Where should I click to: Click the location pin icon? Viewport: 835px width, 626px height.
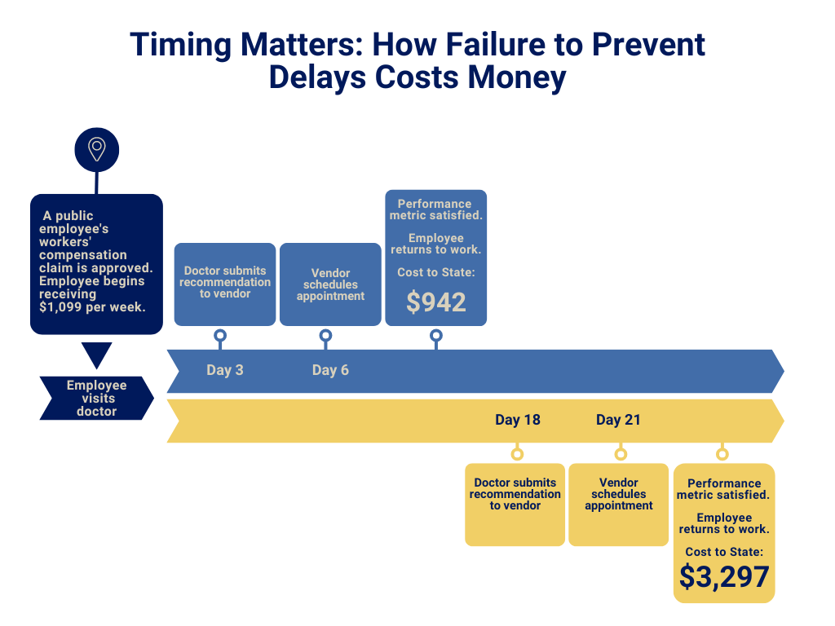[96, 150]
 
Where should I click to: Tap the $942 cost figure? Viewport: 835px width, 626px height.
[436, 302]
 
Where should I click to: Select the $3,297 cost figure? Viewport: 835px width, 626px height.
[724, 576]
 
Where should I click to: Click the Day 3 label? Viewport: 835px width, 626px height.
[225, 370]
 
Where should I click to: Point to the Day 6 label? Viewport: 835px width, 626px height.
[330, 370]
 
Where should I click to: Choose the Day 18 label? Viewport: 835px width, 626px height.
[518, 420]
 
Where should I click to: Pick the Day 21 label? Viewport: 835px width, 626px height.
[618, 420]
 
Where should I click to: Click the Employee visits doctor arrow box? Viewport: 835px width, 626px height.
[96, 398]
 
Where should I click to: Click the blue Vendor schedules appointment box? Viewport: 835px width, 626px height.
[330, 284]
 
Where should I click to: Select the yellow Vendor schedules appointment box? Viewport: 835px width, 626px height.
[618, 505]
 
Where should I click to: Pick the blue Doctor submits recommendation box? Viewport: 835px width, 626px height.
[225, 284]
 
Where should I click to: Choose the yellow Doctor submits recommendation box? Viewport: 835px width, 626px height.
[515, 505]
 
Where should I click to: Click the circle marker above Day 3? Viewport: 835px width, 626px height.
[220, 336]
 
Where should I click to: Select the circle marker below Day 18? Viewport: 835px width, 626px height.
[517, 454]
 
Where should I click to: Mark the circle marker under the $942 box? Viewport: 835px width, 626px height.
[436, 336]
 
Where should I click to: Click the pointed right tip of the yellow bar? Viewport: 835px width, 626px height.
[784, 421]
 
